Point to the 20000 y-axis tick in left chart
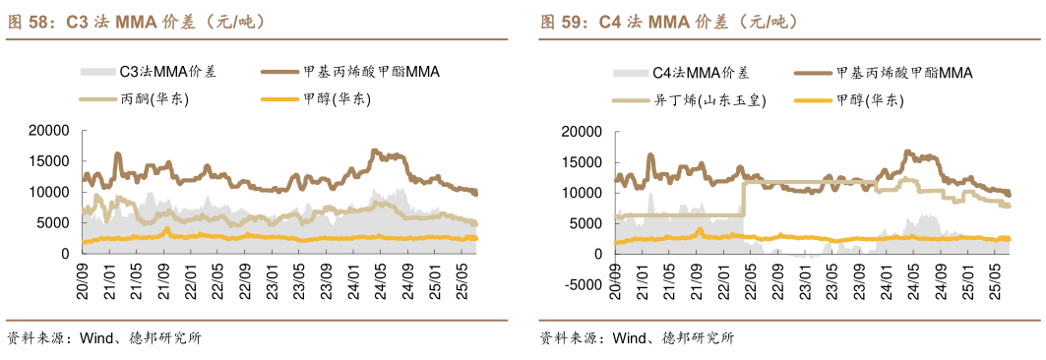(x=48, y=130)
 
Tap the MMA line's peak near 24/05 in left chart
(x=374, y=151)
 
